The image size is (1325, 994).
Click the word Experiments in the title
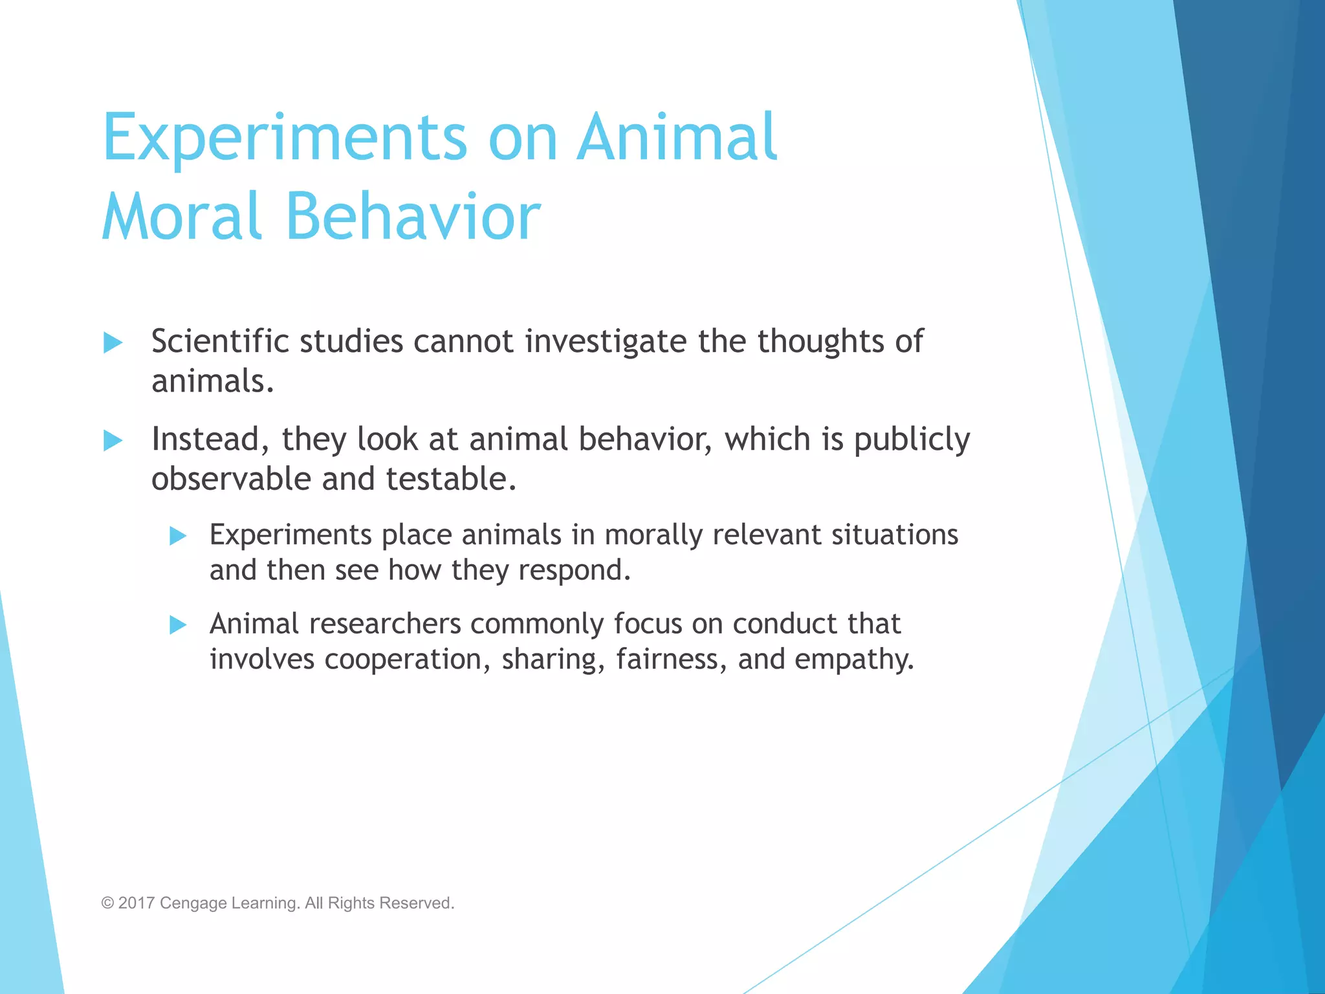(285, 137)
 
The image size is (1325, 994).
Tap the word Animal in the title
(677, 137)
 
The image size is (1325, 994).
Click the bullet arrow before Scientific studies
(113, 343)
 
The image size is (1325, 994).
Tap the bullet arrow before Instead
(113, 441)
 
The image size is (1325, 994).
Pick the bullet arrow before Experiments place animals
(178, 536)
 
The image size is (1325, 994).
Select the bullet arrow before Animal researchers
(178, 625)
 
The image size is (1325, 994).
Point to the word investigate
(606, 342)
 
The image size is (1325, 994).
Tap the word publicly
(912, 440)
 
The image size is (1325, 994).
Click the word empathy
(854, 660)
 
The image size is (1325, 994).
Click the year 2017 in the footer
(137, 903)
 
